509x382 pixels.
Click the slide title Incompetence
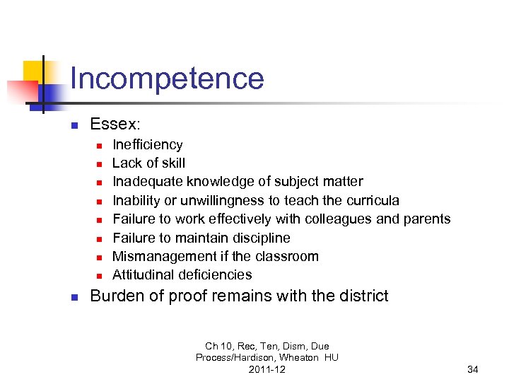tap(167, 79)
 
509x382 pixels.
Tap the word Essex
tap(115, 125)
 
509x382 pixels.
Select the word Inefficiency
tap(148, 144)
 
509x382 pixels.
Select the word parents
tap(427, 219)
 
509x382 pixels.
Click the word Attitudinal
tap(143, 274)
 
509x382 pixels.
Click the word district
tap(361, 296)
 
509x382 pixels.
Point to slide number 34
tap(473, 369)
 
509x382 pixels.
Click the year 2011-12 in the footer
tap(267, 369)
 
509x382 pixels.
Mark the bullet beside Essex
tap(73, 126)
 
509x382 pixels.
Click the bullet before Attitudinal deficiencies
tap(100, 276)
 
